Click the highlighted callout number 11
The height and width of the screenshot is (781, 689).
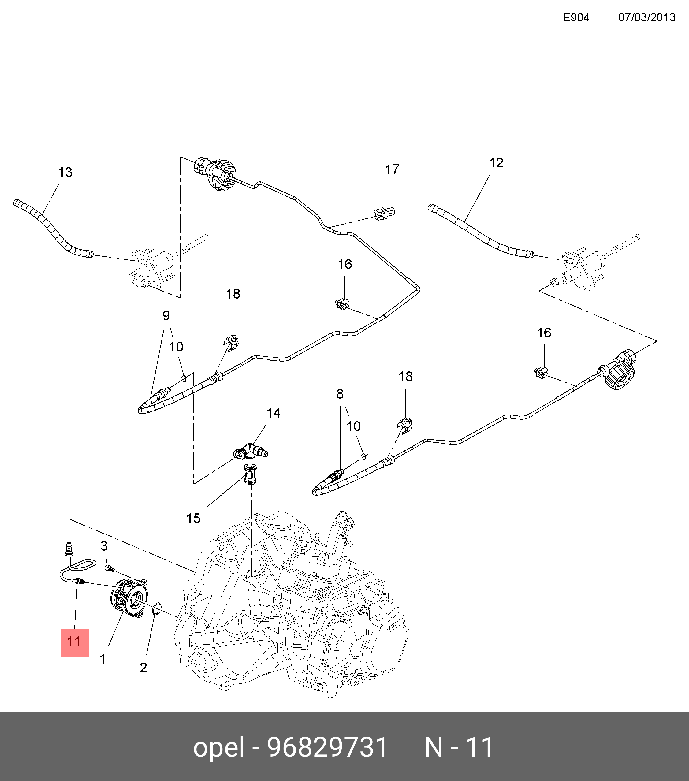pos(75,642)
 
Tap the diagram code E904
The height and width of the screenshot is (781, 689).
pos(576,17)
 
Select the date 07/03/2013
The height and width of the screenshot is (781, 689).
pos(646,17)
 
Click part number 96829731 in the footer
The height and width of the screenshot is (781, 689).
pos(327,747)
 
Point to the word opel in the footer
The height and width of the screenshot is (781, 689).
pos(218,747)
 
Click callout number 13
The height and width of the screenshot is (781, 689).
pos(65,172)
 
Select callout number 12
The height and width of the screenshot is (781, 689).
pos(496,163)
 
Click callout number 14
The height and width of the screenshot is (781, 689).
pos(273,413)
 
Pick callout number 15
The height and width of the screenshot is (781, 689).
pos(193,519)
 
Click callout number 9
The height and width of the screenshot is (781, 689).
pos(166,316)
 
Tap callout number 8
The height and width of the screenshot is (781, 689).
pos(340,394)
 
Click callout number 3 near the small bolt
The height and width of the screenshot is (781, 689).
pos(104,546)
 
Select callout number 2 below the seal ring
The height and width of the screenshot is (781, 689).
pos(143,668)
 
